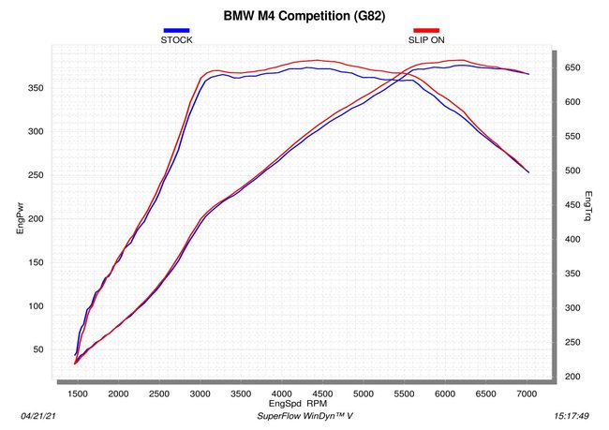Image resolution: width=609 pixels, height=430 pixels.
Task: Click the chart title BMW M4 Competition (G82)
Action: click(x=304, y=16)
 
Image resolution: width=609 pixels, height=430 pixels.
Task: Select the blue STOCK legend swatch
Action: click(x=176, y=30)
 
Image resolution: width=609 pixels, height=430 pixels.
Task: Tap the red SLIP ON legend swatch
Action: click(x=426, y=30)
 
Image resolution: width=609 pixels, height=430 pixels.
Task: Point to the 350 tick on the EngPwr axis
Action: click(x=36, y=88)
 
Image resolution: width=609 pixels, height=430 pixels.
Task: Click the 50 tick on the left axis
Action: click(x=38, y=349)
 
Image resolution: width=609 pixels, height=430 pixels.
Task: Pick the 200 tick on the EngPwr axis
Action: click(x=36, y=218)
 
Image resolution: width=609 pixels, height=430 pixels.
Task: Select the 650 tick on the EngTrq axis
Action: click(x=572, y=67)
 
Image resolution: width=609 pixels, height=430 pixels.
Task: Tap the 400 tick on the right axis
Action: click(x=572, y=239)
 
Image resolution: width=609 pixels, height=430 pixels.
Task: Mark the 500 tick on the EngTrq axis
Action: click(x=572, y=171)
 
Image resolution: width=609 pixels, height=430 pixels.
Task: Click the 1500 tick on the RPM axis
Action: click(x=78, y=393)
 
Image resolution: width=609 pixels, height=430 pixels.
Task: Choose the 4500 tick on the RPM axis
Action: click(x=322, y=393)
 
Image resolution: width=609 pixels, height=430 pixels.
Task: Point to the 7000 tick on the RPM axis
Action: click(x=527, y=393)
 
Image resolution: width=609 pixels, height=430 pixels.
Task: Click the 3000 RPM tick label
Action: click(x=200, y=393)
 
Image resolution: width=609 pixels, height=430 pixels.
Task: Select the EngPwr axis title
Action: click(x=21, y=218)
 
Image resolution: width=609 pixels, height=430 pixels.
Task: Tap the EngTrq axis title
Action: click(x=588, y=206)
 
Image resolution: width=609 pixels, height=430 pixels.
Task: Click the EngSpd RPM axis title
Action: click(x=298, y=403)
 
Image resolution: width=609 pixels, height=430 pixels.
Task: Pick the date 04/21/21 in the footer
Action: click(x=38, y=416)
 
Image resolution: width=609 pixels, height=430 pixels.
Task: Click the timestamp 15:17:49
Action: click(x=572, y=416)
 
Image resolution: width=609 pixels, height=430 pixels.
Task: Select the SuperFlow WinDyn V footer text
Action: click(x=304, y=416)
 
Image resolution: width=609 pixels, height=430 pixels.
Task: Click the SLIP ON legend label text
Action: click(x=426, y=39)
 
